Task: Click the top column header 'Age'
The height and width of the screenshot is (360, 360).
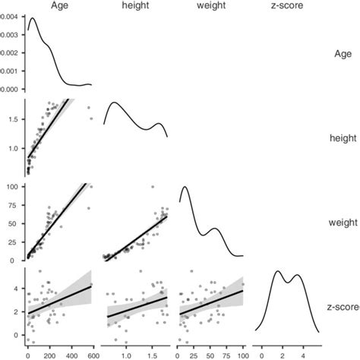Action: [x=59, y=6]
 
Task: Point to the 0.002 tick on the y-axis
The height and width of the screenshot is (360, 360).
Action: [x=11, y=53]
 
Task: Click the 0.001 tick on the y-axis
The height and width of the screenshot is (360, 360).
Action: [x=11, y=71]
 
